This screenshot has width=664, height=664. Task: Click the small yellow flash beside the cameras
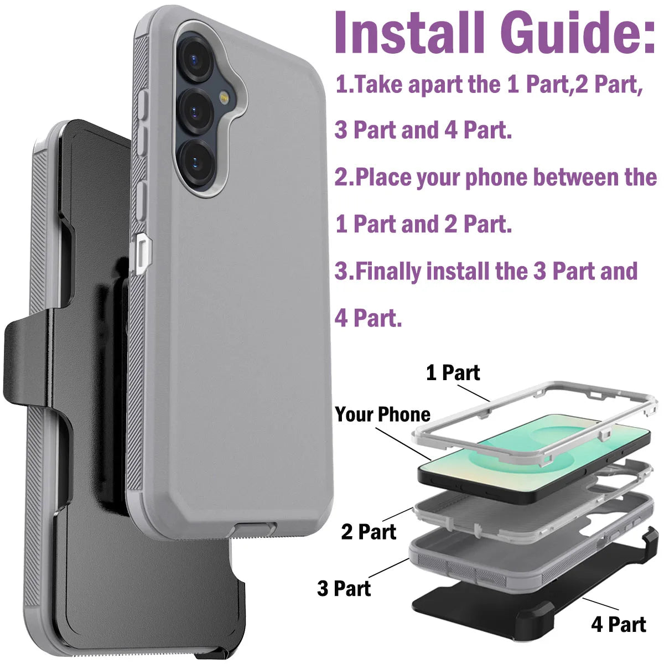tap(225, 98)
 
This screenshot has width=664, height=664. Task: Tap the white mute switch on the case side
tap(142, 253)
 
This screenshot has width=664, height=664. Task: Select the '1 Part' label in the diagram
tap(453, 373)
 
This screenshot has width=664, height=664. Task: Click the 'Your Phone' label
tap(382, 414)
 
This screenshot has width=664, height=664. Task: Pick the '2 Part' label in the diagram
tap(369, 532)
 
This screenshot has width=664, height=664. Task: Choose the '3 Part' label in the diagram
tap(344, 588)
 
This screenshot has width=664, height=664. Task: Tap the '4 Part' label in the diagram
tap(618, 624)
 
